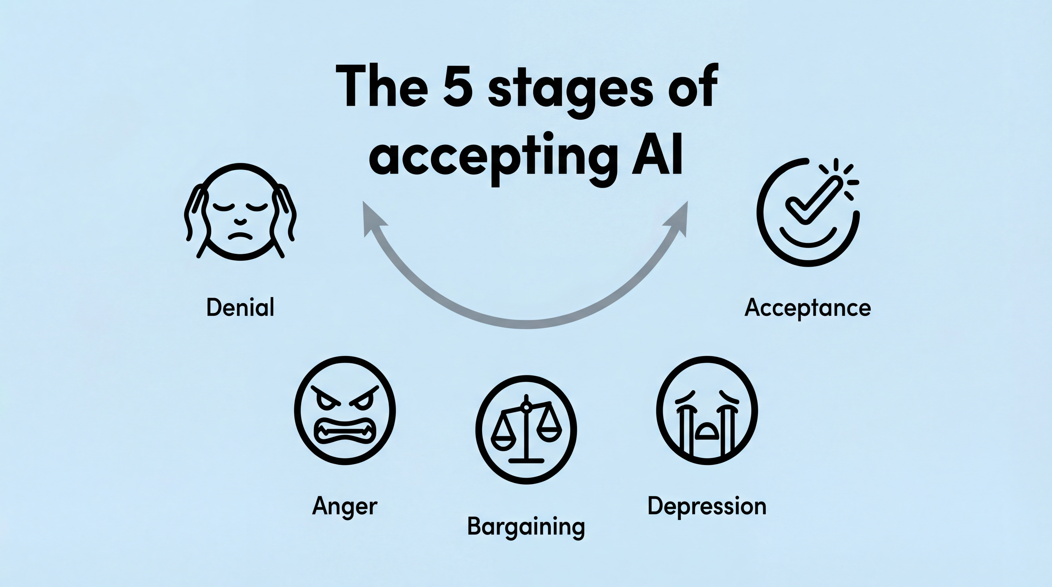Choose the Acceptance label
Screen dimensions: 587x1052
pyautogui.click(x=807, y=308)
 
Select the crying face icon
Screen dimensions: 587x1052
pyautogui.click(x=707, y=410)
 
